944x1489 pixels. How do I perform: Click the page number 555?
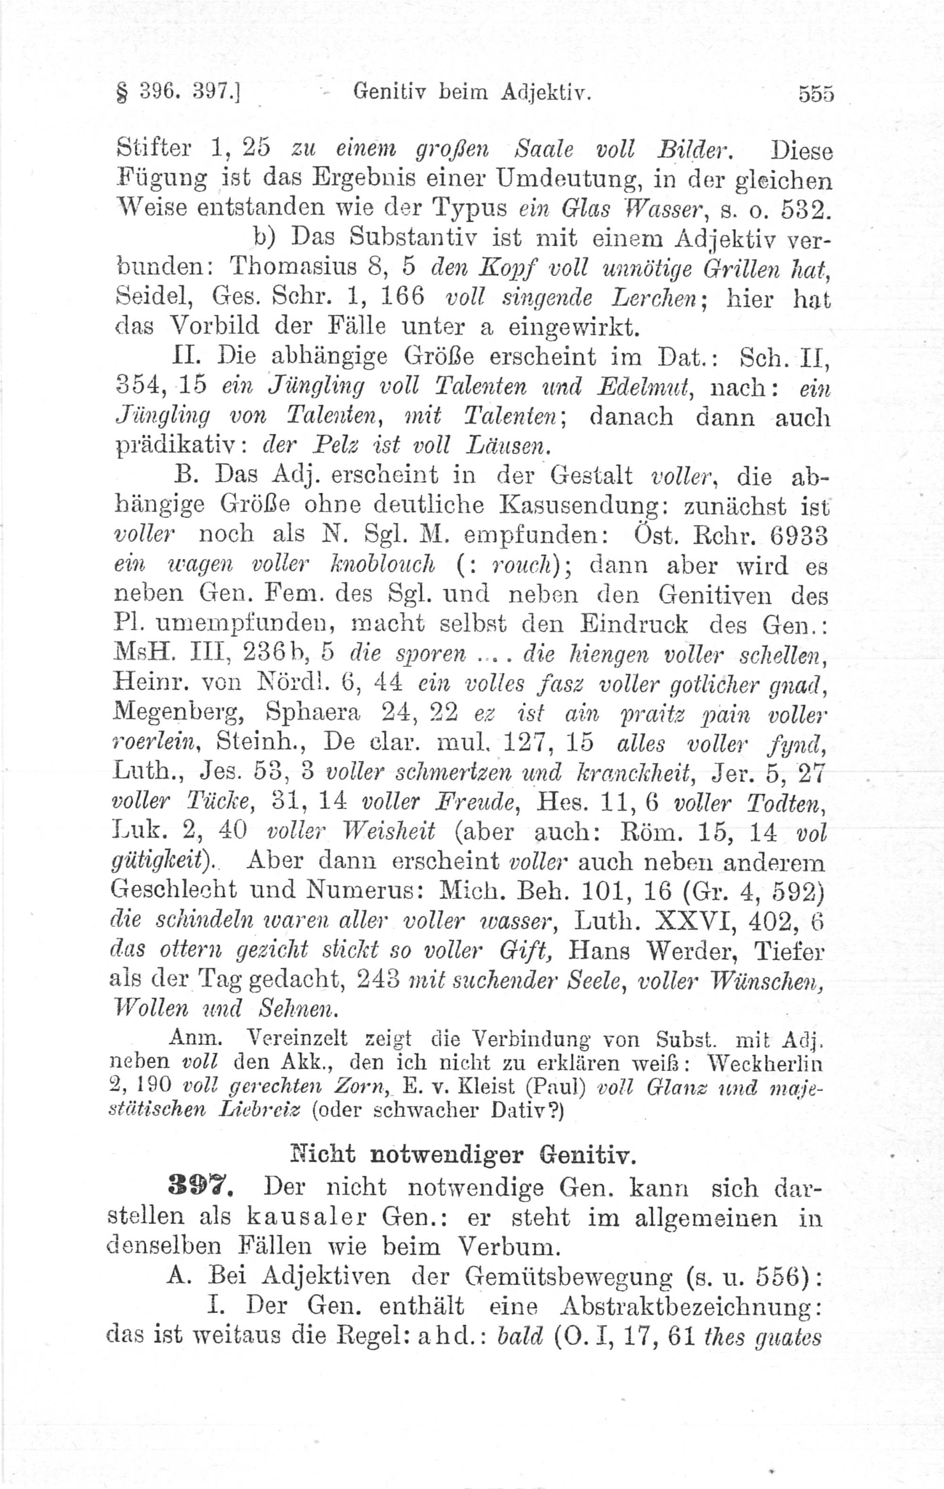[816, 93]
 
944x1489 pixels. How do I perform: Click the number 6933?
[798, 535]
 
